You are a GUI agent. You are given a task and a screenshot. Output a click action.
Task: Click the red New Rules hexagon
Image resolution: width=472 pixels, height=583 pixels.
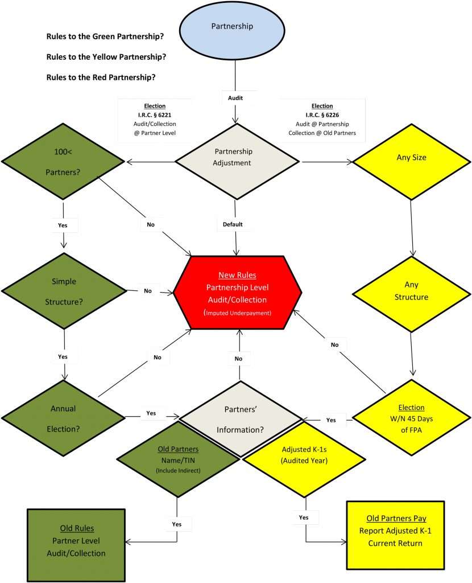click(237, 293)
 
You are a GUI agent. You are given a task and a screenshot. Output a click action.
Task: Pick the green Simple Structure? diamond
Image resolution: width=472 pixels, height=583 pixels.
click(64, 291)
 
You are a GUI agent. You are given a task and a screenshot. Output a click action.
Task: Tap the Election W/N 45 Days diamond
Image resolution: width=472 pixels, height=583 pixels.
click(412, 418)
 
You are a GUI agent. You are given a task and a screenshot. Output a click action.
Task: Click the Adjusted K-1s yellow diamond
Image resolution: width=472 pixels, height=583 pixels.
click(305, 458)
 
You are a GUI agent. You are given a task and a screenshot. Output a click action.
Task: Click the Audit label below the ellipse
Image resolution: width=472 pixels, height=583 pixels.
click(235, 98)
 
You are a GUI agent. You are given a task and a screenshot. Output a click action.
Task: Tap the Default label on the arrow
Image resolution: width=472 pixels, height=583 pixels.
click(232, 224)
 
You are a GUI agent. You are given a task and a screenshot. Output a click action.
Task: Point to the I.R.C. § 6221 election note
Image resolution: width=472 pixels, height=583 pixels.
click(155, 120)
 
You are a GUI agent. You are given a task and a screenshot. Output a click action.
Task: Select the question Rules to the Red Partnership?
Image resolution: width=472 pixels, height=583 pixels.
click(101, 77)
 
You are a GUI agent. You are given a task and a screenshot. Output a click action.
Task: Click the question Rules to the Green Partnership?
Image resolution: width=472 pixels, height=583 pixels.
click(105, 36)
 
